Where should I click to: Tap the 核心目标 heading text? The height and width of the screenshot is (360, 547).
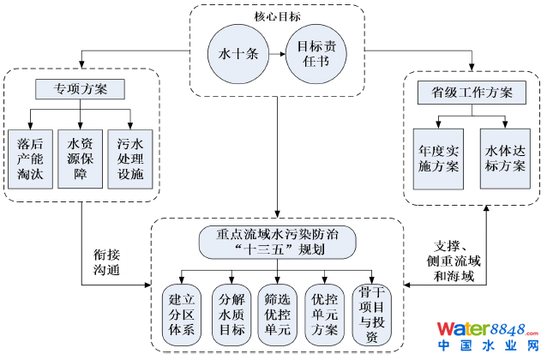coord(274,15)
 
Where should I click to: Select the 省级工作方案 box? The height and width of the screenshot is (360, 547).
coord(466,92)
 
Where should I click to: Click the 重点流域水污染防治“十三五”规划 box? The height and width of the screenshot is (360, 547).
coord(274,241)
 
